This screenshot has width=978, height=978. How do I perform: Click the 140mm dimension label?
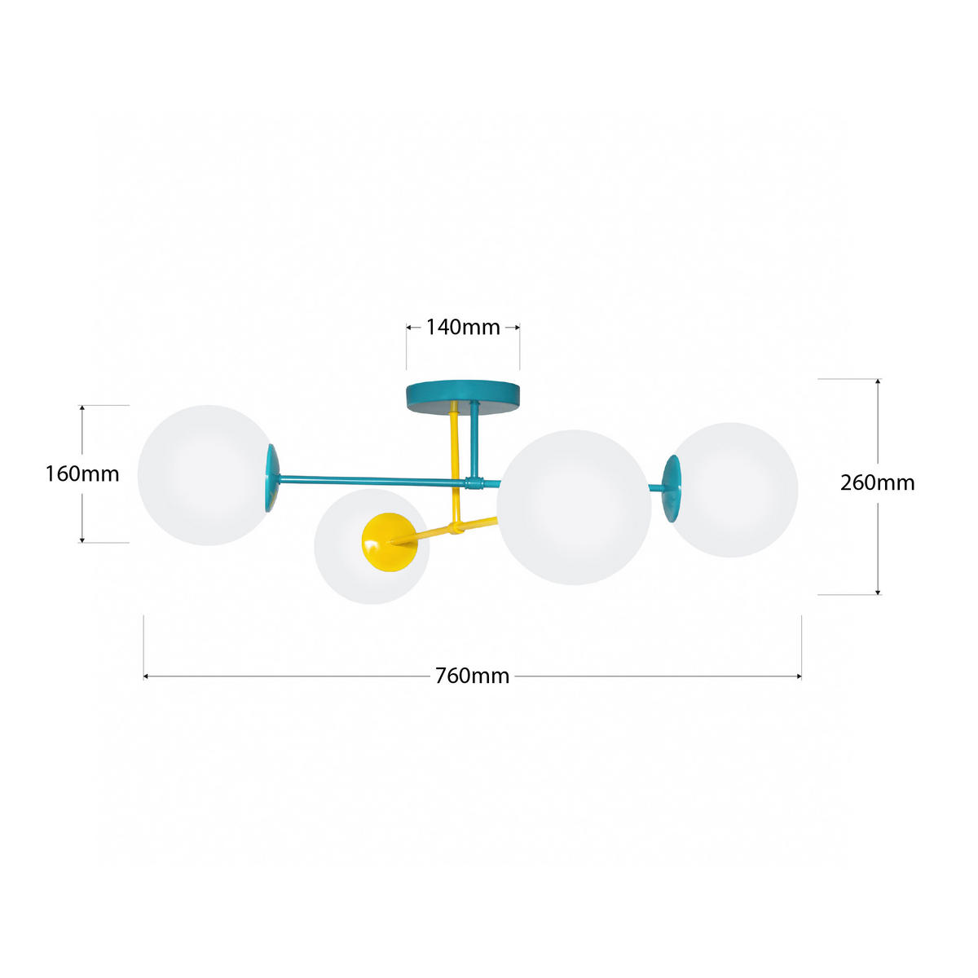(462, 328)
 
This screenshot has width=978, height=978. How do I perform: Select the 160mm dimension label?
(82, 474)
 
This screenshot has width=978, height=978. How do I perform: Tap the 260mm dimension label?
(877, 482)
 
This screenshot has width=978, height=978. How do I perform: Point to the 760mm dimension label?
(472, 676)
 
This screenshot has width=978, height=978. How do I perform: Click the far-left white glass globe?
(206, 475)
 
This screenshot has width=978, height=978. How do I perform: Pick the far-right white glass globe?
(733, 490)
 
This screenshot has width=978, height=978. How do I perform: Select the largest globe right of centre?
(574, 508)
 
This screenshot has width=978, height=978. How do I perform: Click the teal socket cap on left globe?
(272, 478)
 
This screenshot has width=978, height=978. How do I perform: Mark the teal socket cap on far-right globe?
(672, 488)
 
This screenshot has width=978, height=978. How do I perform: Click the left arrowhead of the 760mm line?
(146, 676)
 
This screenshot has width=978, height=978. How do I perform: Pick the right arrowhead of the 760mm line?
(800, 676)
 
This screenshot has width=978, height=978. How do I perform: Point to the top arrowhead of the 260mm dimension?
(879, 381)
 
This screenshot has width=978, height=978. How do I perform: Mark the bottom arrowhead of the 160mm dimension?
(81, 540)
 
